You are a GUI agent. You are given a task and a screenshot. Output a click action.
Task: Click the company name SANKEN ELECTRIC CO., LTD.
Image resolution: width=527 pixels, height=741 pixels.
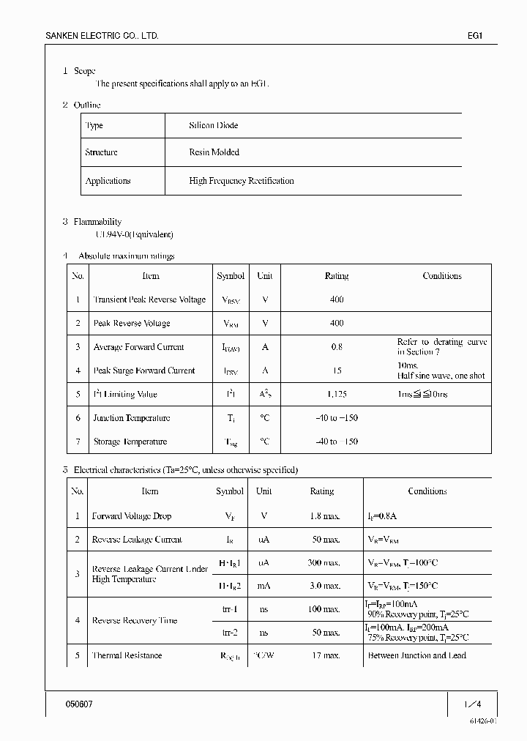click(102, 36)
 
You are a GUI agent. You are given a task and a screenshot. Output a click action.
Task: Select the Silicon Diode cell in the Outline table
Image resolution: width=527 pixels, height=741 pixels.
click(213, 125)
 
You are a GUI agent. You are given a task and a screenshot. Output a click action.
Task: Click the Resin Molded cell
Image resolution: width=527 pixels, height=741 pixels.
click(214, 152)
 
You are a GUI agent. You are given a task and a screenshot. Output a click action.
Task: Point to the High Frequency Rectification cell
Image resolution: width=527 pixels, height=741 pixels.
click(241, 181)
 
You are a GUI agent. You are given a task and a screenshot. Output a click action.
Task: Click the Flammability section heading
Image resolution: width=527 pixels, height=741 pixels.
click(97, 222)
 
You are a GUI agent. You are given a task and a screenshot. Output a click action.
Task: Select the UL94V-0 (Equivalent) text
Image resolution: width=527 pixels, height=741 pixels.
click(135, 234)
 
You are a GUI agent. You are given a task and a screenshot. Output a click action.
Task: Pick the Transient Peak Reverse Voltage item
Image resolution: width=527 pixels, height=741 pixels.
click(149, 299)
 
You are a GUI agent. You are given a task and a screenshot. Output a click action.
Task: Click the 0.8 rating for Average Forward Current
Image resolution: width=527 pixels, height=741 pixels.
click(336, 347)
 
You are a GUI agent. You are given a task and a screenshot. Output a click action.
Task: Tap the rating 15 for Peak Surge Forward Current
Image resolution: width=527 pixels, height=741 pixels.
click(336, 370)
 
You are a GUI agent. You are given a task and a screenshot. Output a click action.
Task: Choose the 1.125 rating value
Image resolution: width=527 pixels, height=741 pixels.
click(336, 395)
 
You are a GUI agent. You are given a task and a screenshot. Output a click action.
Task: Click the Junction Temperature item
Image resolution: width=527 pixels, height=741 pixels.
click(131, 418)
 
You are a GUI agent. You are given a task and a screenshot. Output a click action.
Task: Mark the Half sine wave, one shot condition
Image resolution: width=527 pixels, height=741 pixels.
click(441, 376)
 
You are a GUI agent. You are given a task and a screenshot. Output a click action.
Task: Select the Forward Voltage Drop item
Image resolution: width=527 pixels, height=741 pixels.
click(131, 516)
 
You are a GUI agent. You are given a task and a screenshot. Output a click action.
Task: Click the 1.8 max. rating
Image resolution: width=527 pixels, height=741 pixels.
click(322, 516)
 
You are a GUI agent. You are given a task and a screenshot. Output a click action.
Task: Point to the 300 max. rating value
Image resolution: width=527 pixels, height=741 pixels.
click(322, 562)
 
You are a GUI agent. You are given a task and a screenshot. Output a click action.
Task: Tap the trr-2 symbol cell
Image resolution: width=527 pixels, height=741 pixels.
click(231, 632)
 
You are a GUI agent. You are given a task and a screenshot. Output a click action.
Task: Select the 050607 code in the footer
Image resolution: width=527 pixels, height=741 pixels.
click(80, 704)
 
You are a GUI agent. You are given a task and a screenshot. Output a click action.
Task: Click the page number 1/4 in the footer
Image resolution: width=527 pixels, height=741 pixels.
click(472, 704)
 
